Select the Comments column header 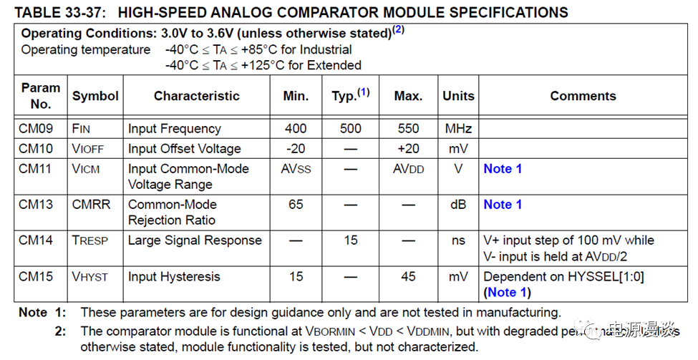(x=583, y=96)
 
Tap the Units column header (x=458, y=96)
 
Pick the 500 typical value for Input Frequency (x=350, y=129)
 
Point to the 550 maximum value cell (x=408, y=129)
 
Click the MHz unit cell (x=458, y=129)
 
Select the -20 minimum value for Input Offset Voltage (x=296, y=149)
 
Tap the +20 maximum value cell (x=408, y=149)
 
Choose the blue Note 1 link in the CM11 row (x=503, y=169)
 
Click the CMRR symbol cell (x=92, y=205)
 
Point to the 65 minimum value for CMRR (x=296, y=205)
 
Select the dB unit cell (x=458, y=205)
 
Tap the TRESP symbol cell (x=90, y=240)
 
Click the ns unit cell (x=458, y=240)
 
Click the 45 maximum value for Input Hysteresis (x=408, y=277)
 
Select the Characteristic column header (x=196, y=96)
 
